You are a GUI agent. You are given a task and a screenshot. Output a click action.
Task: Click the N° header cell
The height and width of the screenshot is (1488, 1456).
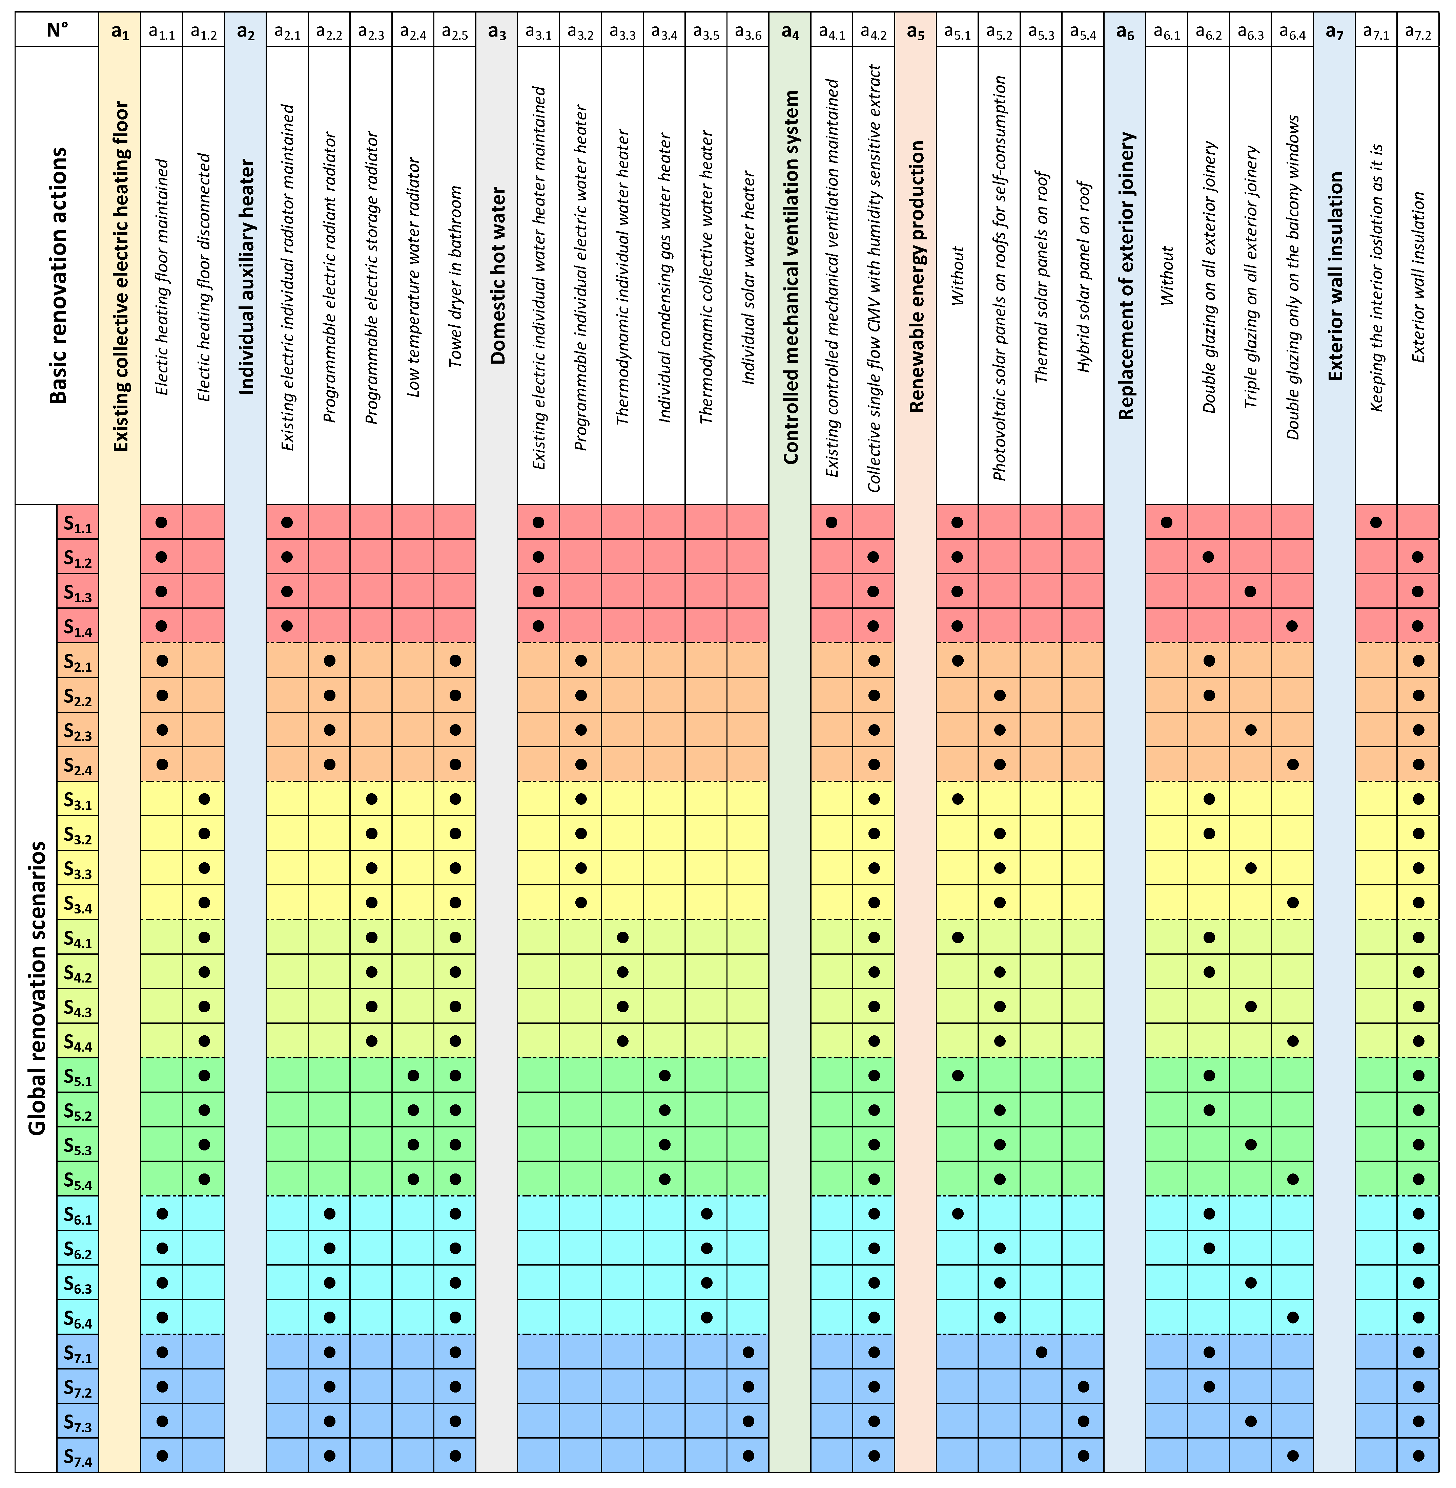click(57, 30)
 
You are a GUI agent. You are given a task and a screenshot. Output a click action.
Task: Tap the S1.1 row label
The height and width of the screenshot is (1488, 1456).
click(77, 523)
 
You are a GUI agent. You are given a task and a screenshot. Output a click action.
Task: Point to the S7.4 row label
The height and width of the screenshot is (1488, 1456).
click(77, 1458)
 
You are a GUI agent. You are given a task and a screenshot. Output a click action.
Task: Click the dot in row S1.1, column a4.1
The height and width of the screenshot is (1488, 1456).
click(832, 523)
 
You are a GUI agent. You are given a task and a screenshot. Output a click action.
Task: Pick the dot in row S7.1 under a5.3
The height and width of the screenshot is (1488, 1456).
click(1041, 1352)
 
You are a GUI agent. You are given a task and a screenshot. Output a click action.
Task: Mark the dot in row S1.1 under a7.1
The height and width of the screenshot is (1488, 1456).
click(1376, 523)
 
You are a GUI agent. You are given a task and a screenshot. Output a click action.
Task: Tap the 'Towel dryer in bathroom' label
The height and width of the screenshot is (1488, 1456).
click(455, 275)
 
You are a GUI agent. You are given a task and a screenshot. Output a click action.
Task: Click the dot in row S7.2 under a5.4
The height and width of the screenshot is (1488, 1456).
click(1083, 1386)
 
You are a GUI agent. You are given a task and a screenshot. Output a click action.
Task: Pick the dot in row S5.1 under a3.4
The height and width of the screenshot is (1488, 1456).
click(664, 1075)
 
